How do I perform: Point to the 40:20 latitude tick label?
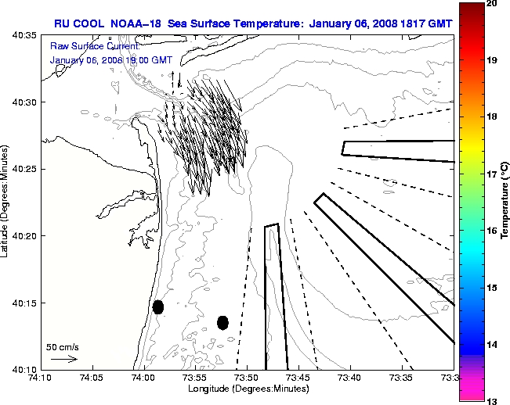(x=25, y=236)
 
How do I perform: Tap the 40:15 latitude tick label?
(x=25, y=303)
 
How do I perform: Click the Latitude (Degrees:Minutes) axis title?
(x=6, y=201)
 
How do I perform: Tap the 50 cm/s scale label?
(x=63, y=346)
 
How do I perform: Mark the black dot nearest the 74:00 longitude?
(x=158, y=306)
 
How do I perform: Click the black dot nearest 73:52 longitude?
(x=222, y=322)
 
